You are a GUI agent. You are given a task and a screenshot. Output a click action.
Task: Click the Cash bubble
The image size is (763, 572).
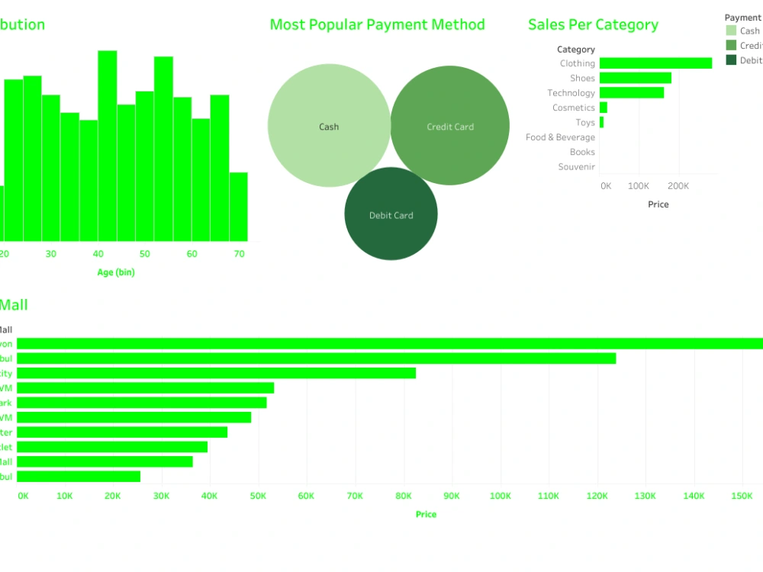(x=329, y=127)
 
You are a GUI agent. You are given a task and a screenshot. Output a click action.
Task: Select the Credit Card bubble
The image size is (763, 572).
(x=450, y=127)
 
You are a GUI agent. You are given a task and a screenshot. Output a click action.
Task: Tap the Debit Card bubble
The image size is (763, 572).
(x=391, y=215)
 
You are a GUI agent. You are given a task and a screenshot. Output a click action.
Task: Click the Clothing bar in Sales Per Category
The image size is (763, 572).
(x=655, y=63)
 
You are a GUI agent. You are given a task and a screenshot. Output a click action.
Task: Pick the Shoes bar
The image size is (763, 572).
(x=636, y=78)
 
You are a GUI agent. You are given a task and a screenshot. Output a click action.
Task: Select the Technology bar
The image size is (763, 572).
(x=632, y=93)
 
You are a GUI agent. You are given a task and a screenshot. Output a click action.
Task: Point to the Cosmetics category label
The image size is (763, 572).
(x=574, y=108)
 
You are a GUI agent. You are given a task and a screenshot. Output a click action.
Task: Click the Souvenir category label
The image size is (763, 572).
(x=576, y=166)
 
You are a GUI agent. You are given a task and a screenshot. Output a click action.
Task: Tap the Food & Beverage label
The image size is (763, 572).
(x=560, y=137)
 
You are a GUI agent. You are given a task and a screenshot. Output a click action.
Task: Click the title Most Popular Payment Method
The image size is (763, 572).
(x=377, y=24)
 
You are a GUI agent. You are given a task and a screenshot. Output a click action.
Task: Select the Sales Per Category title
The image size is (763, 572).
(x=593, y=24)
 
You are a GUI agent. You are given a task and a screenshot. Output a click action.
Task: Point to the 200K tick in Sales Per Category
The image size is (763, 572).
(x=678, y=186)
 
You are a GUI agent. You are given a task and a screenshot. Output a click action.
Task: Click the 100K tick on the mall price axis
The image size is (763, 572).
(x=501, y=496)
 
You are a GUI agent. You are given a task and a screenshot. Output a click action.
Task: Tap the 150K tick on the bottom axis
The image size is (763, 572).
(x=742, y=496)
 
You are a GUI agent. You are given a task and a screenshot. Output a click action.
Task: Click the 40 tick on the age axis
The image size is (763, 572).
(x=98, y=254)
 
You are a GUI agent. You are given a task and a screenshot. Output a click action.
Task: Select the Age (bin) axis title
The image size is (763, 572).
(x=116, y=272)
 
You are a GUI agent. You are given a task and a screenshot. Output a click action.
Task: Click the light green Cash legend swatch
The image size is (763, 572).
(x=732, y=31)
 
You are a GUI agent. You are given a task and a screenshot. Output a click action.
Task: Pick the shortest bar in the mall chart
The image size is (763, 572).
(x=79, y=476)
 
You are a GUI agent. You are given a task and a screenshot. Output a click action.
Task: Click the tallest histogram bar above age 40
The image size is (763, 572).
(x=108, y=145)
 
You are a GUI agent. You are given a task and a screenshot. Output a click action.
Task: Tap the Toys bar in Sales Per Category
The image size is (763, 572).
(x=601, y=122)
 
